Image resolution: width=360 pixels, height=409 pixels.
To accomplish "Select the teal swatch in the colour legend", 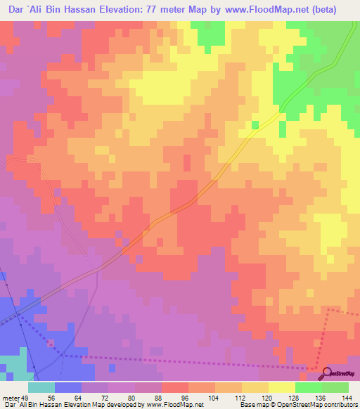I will tap(41, 387).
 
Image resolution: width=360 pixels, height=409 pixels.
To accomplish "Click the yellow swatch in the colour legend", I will tap(282, 387).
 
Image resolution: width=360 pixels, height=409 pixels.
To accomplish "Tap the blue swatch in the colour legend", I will tap(68, 387).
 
